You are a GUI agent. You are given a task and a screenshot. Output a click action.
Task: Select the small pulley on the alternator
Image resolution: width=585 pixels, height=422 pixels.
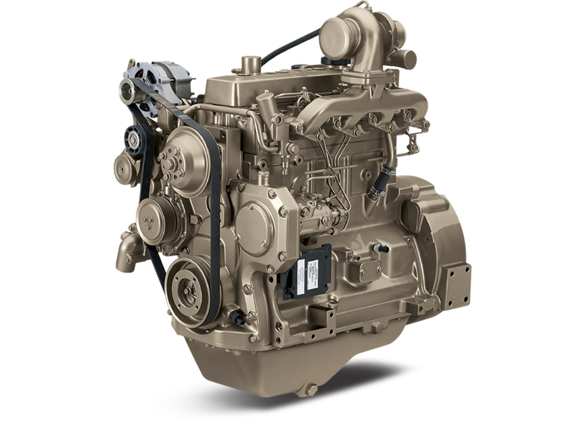[x=128, y=91]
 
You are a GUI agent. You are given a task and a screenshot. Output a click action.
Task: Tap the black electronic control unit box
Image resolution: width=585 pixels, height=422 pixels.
[x=306, y=271]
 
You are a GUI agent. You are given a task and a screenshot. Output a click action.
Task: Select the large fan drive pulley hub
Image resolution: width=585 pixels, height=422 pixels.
[x=184, y=162]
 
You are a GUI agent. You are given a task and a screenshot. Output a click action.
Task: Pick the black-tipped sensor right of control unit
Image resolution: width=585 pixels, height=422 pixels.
[x=381, y=248]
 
